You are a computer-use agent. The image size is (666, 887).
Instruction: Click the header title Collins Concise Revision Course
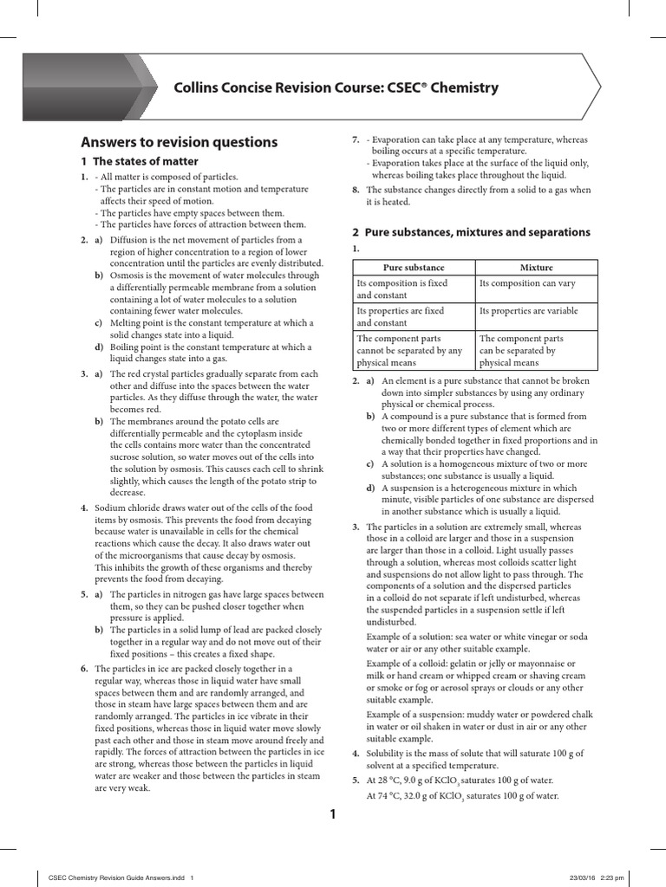336,87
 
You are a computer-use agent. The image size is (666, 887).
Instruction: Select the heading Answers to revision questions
179,142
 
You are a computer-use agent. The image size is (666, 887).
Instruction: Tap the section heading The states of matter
146,161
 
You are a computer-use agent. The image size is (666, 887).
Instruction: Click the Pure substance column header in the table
414,268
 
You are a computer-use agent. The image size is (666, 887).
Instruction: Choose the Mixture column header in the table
536,268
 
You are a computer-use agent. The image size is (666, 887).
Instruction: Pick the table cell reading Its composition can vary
527,283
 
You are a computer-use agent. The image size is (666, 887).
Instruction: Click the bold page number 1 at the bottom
331,813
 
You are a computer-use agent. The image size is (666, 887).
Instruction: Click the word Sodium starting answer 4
111,508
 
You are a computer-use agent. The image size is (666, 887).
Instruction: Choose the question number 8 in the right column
356,190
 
